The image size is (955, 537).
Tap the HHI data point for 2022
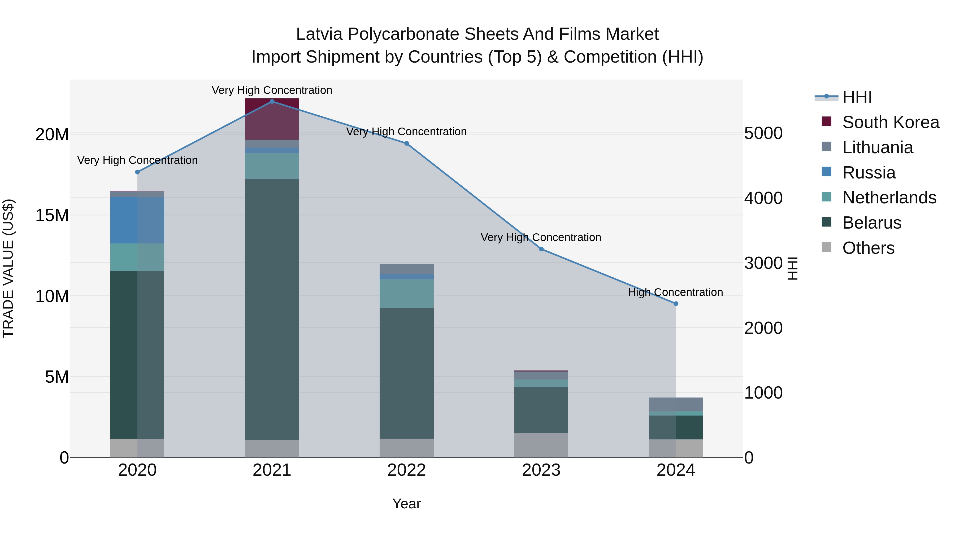pyautogui.click(x=406, y=143)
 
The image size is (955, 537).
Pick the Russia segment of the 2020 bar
pyautogui.click(x=137, y=220)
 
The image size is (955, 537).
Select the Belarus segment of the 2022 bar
pyautogui.click(x=406, y=373)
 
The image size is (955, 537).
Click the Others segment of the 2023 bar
pyautogui.click(x=541, y=445)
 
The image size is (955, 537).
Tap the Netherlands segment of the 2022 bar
pyautogui.click(x=406, y=294)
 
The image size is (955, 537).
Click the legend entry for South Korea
pyautogui.click(x=891, y=122)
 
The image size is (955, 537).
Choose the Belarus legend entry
pyautogui.click(x=872, y=223)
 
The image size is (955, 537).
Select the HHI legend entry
pyautogui.click(x=857, y=97)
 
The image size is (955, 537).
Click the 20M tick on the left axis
pyautogui.click(x=52, y=134)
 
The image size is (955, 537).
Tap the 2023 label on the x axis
pyautogui.click(x=541, y=470)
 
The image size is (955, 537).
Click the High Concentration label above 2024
pyautogui.click(x=675, y=292)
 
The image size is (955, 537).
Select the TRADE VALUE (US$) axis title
pyautogui.click(x=8, y=268)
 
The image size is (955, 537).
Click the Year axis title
pyautogui.click(x=406, y=504)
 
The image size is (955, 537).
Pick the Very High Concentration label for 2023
pyautogui.click(x=541, y=238)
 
